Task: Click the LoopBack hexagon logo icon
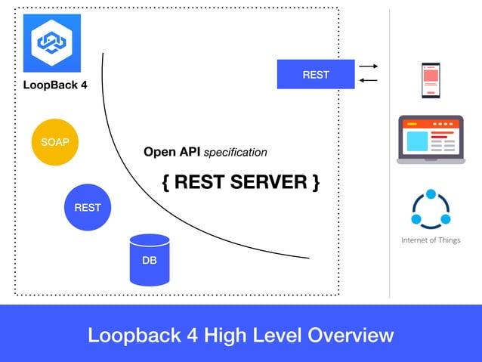point(51,43)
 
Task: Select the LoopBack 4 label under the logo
point(54,85)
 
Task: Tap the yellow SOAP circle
point(55,141)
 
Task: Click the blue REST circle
point(88,207)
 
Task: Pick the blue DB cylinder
point(150,259)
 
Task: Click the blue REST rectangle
point(315,74)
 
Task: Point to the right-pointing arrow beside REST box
point(368,67)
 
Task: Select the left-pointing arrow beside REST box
point(368,81)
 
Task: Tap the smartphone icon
point(431,79)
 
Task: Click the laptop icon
point(431,139)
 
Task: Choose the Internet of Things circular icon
point(431,209)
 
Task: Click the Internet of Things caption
point(431,240)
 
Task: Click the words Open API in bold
point(171,152)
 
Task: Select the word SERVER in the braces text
point(270,182)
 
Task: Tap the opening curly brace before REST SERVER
point(166,182)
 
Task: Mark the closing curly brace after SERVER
point(315,182)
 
